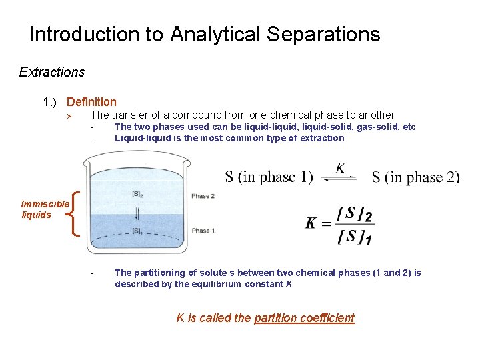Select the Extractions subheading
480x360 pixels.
pos(52,71)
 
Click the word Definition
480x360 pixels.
pos(91,102)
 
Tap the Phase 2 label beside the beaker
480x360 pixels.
pos(203,196)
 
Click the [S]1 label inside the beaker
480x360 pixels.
pos(137,231)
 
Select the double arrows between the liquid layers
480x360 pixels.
pos(138,213)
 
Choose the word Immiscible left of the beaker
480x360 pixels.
pos(45,204)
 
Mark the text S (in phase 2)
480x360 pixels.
pos(415,177)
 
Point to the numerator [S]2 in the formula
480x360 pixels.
pos(355,215)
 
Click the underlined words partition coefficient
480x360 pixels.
pos(304,318)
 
